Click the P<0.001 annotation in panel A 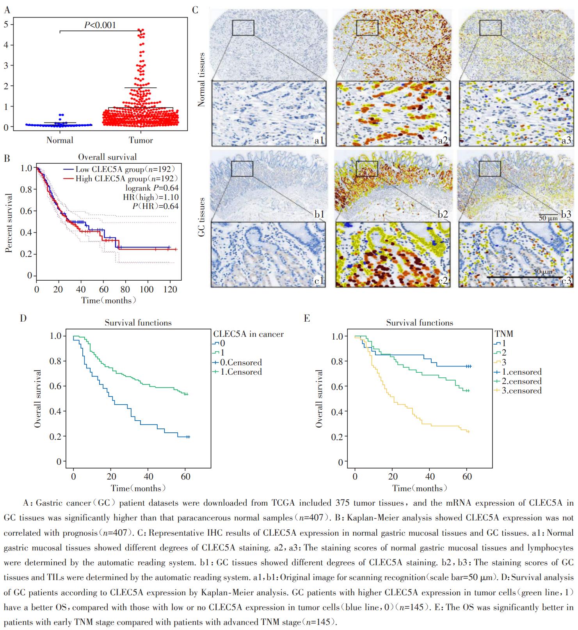coord(100,25)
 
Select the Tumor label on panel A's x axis coord(141,140)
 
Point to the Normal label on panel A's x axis coord(60,140)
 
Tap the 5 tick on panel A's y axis coord(6,24)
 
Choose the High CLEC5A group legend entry coord(119,179)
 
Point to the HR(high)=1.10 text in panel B coord(151,197)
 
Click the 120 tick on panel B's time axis coord(170,290)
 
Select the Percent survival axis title coord(9,223)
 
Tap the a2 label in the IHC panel coord(443,140)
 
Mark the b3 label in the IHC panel coord(566,214)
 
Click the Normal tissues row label coord(201,79)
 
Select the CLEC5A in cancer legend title coord(248,334)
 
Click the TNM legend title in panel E coord(503,334)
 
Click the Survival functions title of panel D coord(138,323)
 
